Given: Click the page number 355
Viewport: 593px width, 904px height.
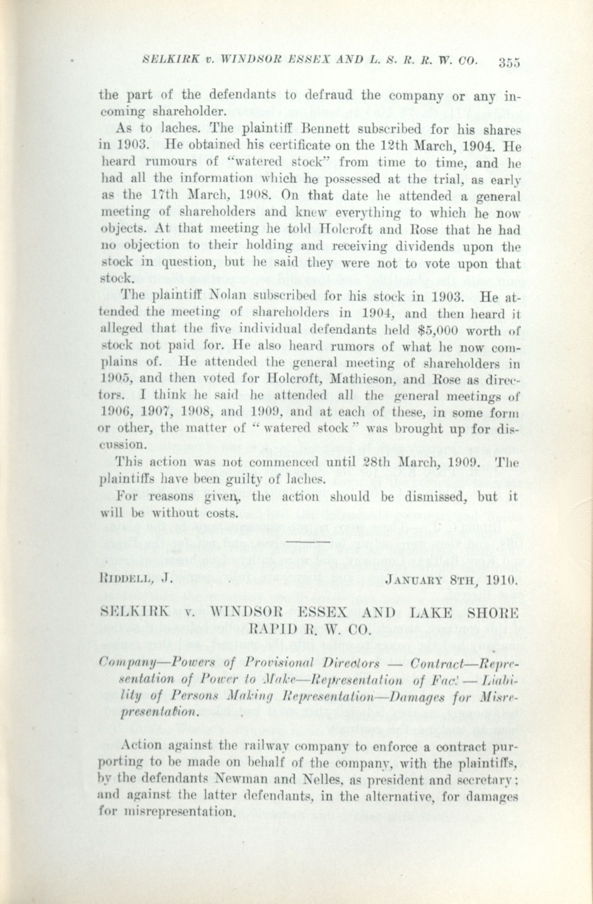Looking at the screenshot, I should coord(509,62).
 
